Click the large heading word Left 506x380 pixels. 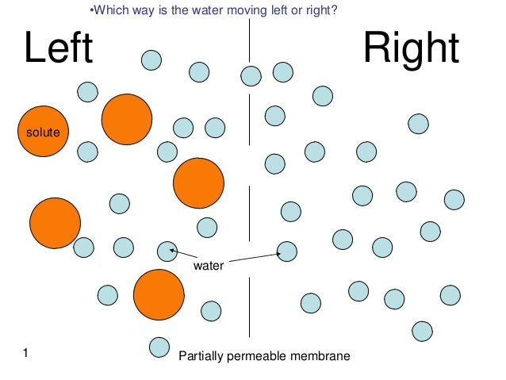tap(59, 50)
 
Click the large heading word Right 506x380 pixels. tap(411, 50)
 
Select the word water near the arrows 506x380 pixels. tap(209, 267)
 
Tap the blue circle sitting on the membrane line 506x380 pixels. tap(251, 76)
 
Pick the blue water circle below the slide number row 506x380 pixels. tap(160, 347)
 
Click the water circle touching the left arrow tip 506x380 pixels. tap(167, 251)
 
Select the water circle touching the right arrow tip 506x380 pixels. tap(286, 251)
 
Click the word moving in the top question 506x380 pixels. tap(237, 10)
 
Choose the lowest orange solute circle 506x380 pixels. tap(159, 294)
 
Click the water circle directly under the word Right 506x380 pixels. tap(418, 124)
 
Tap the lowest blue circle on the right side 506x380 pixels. tap(423, 330)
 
